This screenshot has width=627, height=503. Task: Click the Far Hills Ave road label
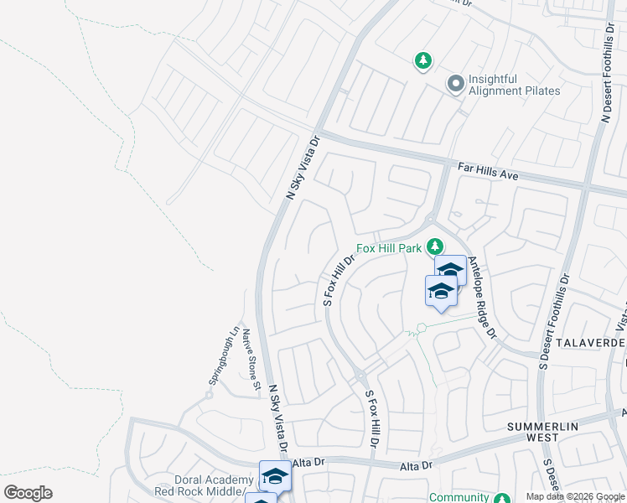point(488,172)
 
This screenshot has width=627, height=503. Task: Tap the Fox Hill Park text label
point(389,248)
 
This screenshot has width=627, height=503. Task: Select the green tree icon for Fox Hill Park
point(434,246)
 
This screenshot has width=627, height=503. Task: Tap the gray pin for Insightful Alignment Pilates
point(455,84)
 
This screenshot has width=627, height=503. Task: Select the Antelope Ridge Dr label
point(483,298)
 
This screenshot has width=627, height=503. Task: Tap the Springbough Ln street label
point(224,355)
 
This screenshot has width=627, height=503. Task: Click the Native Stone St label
point(250,360)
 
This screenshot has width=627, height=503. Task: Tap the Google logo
point(28,493)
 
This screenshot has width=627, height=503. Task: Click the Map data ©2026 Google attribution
point(575,496)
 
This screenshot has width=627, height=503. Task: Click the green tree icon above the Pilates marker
point(423,60)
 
